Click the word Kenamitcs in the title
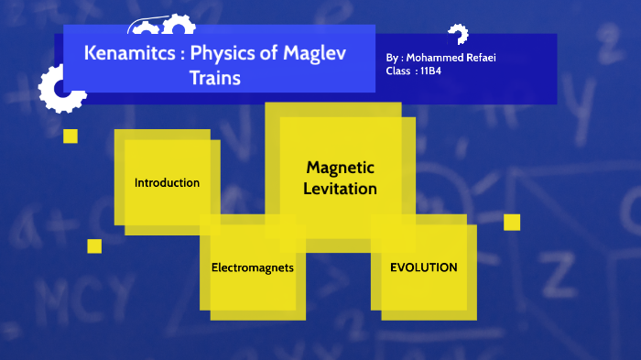pos(127,53)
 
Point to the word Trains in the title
pos(214,79)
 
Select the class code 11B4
pos(431,71)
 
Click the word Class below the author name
pos(398,71)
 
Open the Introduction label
pos(167,182)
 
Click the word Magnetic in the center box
pos(341,168)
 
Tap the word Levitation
pos(341,189)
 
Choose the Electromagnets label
pos(252,268)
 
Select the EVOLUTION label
pos(423,267)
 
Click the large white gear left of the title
pos(60,89)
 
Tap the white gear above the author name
pos(458,36)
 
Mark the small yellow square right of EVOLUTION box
pos(512,222)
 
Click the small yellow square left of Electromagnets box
pos(94,245)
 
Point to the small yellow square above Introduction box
pos(71,136)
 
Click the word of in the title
pos(272,53)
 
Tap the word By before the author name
pos(393,58)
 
